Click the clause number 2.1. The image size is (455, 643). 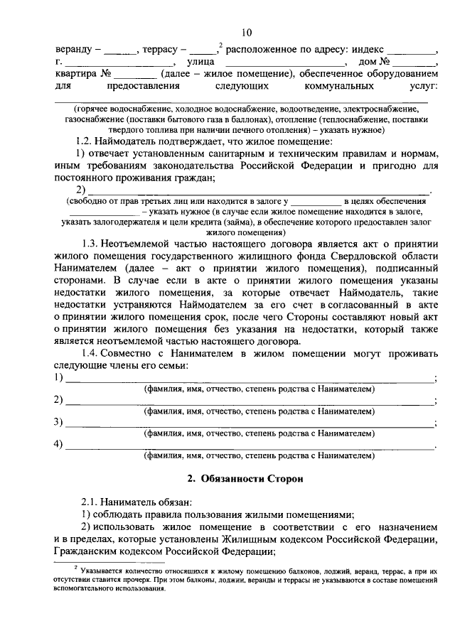[x=90, y=501]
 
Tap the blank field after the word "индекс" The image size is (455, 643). [x=416, y=52]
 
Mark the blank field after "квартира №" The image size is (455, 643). [x=135, y=75]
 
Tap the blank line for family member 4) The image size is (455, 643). [x=249, y=445]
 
